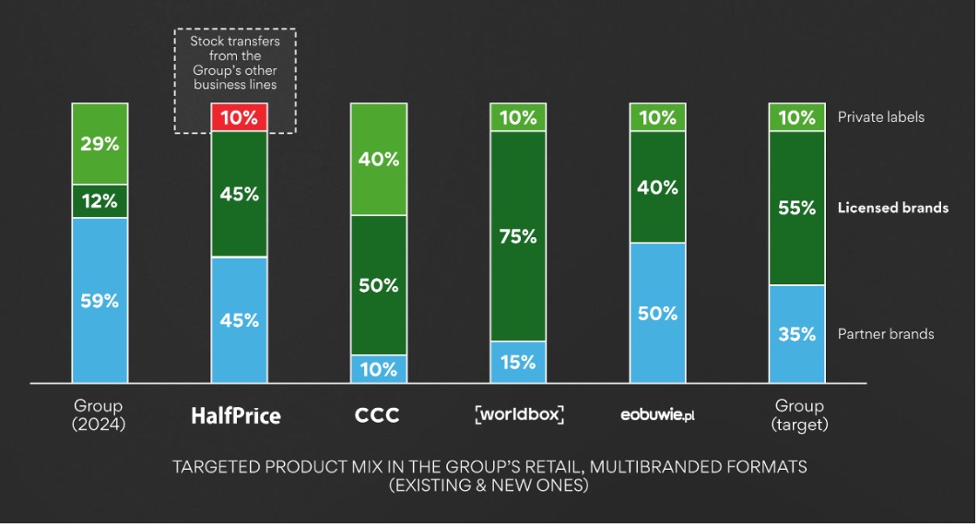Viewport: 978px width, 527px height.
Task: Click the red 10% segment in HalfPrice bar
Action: (239, 117)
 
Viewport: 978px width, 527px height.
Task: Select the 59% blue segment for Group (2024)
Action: (100, 300)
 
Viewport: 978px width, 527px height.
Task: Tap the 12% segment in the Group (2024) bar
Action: (100, 201)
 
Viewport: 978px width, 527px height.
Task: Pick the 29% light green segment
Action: (100, 144)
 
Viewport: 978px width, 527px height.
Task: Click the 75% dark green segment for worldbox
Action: (517, 235)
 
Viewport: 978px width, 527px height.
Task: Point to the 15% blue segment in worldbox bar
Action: (517, 362)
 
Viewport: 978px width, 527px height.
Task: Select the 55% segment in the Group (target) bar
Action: (796, 208)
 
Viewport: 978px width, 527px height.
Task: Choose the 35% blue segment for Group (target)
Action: (796, 333)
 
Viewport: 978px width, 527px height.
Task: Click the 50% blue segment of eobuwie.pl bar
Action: (657, 312)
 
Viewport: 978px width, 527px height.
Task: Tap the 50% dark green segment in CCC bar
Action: (378, 284)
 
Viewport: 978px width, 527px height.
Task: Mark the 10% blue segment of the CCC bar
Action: (378, 369)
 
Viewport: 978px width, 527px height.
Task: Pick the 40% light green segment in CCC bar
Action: (378, 159)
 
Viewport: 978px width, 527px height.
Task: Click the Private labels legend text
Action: (880, 117)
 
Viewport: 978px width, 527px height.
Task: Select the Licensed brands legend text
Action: (892, 208)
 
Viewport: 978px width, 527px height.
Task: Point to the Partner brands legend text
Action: (886, 333)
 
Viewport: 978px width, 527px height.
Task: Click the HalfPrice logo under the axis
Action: (236, 415)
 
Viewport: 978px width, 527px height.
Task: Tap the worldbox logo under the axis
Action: (519, 413)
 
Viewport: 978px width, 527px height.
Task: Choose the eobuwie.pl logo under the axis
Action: (656, 414)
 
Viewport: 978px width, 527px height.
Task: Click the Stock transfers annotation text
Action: (235, 63)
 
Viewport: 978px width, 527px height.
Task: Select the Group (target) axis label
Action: (799, 415)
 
